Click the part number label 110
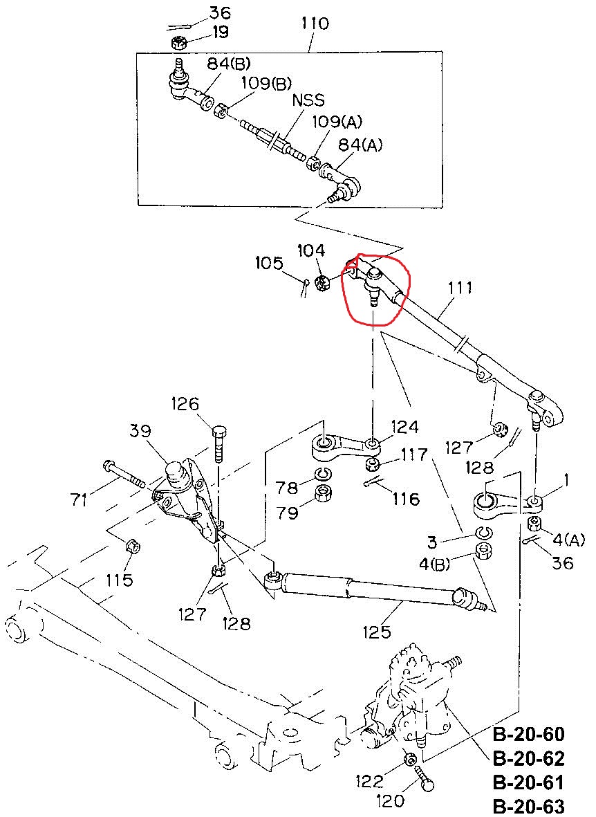(x=315, y=24)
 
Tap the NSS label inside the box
(x=308, y=100)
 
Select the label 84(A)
(x=360, y=145)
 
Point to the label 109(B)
(x=266, y=84)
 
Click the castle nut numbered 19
(x=178, y=43)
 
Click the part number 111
(x=460, y=288)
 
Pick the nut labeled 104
(x=322, y=283)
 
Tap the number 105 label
(x=269, y=263)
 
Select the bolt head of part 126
(x=219, y=432)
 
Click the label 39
(x=140, y=431)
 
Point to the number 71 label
(x=80, y=500)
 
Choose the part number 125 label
(x=377, y=632)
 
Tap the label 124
(x=404, y=427)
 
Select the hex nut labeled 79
(x=324, y=493)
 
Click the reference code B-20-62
(x=529, y=758)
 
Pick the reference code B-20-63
(x=529, y=806)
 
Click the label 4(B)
(x=434, y=564)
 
